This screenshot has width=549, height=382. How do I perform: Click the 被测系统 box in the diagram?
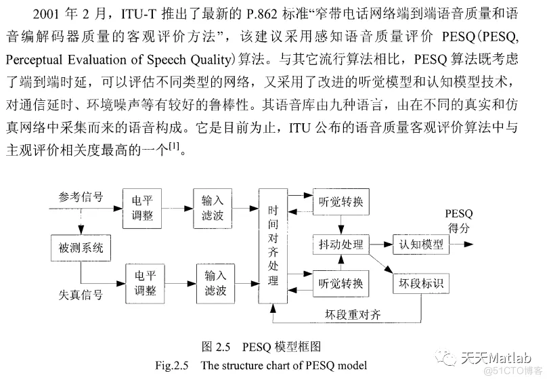[x=80, y=248]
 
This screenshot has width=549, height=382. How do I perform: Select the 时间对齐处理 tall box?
[x=273, y=246]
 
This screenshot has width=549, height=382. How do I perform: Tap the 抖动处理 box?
[x=341, y=245]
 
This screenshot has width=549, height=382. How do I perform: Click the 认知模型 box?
[x=420, y=244]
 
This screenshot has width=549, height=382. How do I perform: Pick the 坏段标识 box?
[x=420, y=282]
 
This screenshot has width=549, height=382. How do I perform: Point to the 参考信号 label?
[x=81, y=197]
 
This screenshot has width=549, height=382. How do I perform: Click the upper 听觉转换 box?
[x=341, y=201]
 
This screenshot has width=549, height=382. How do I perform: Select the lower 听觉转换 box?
[x=341, y=283]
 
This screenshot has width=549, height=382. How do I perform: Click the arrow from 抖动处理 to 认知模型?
[x=380, y=244]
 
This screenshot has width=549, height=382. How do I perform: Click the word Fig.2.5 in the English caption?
[x=171, y=365]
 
